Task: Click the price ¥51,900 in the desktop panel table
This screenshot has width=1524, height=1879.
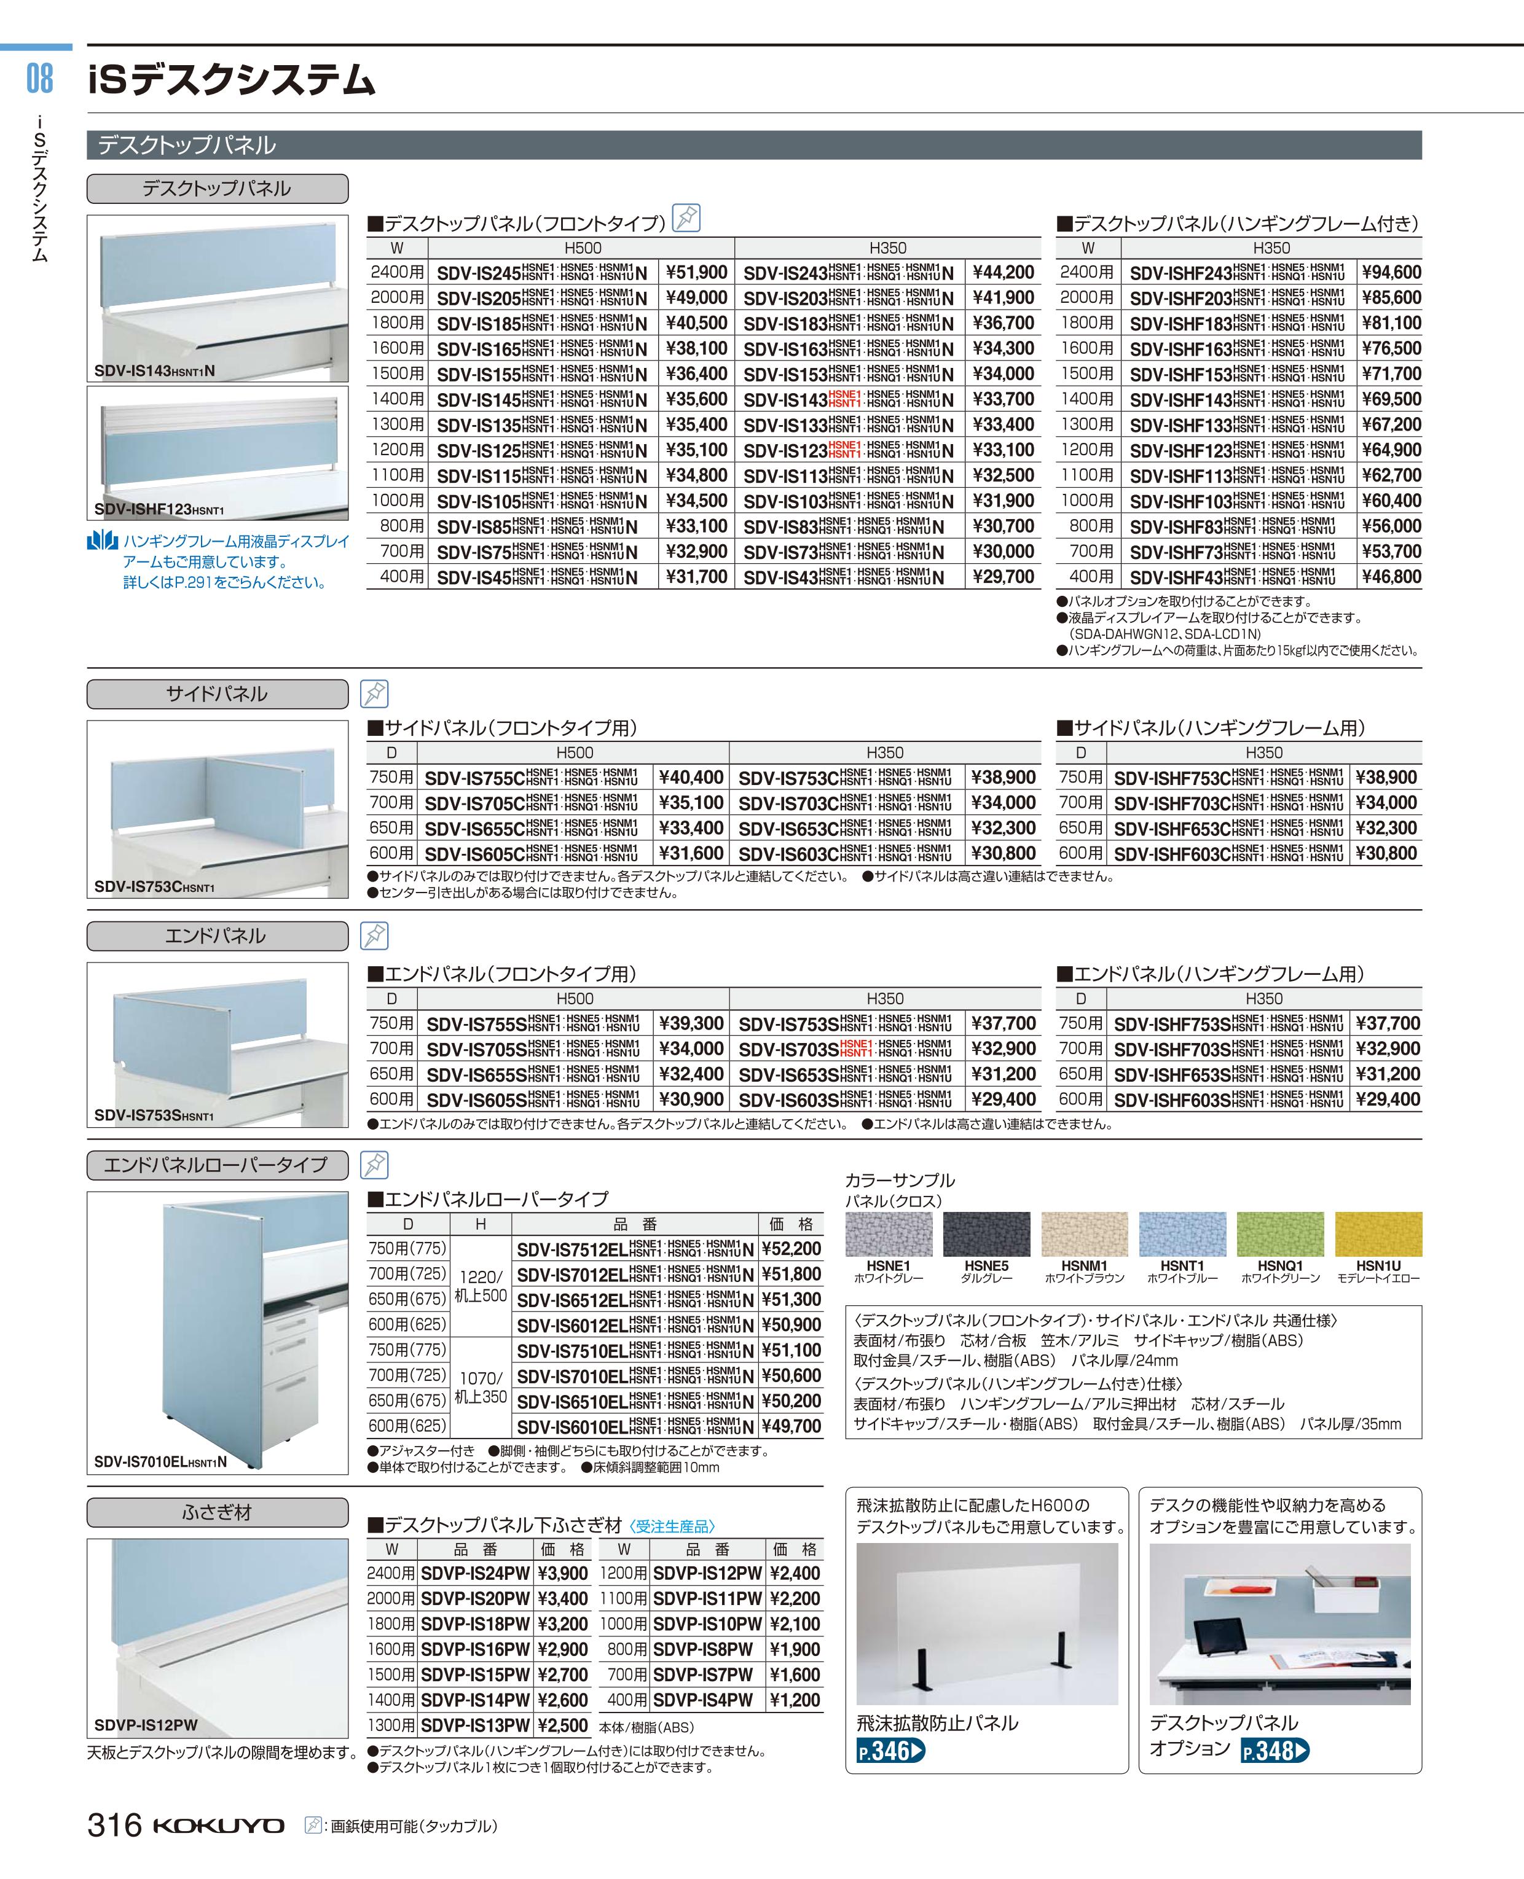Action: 696,273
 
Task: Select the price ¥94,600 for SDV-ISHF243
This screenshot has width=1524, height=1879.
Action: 1391,273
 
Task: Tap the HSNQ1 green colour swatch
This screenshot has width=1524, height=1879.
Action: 1280,1234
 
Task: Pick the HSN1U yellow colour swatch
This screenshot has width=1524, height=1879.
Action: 1377,1234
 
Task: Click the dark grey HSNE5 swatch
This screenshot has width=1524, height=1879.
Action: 987,1234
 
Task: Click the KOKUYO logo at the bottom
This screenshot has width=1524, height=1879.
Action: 219,1826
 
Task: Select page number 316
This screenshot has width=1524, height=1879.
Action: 114,1826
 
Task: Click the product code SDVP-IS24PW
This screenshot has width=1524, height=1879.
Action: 475,1574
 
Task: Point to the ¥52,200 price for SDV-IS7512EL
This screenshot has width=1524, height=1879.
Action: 791,1249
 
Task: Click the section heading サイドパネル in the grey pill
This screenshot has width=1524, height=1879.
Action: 217,694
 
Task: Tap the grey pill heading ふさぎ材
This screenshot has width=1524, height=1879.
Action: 217,1512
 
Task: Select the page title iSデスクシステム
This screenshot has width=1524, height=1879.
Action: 233,80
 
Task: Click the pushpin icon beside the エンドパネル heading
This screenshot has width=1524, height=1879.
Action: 375,936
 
